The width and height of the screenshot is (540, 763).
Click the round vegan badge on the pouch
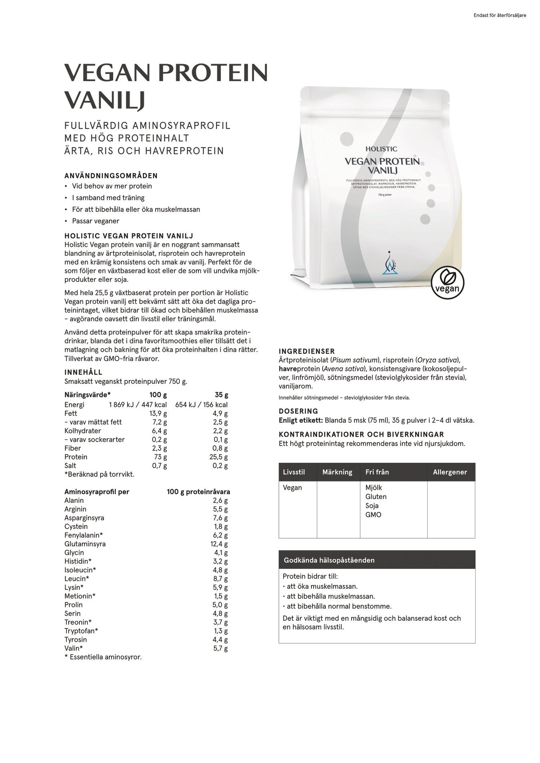(x=447, y=283)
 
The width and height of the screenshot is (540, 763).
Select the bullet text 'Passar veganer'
(x=96, y=221)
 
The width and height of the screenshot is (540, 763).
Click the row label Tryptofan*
(x=81, y=631)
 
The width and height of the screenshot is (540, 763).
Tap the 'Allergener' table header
(x=450, y=472)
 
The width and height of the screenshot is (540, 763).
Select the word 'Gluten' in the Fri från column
(x=376, y=497)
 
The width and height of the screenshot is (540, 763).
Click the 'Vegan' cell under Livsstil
(x=292, y=488)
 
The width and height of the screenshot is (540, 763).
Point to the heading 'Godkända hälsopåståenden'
(x=329, y=560)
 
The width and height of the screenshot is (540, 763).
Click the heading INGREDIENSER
(x=307, y=351)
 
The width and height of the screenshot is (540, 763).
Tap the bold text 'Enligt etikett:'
(x=301, y=420)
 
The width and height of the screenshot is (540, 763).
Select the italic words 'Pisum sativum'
(x=355, y=360)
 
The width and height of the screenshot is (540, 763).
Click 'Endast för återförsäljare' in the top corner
(x=500, y=16)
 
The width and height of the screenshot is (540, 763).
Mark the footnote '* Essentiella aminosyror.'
(x=103, y=657)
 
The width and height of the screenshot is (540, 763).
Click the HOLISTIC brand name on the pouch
(x=381, y=149)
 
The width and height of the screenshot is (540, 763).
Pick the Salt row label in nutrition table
(x=71, y=466)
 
